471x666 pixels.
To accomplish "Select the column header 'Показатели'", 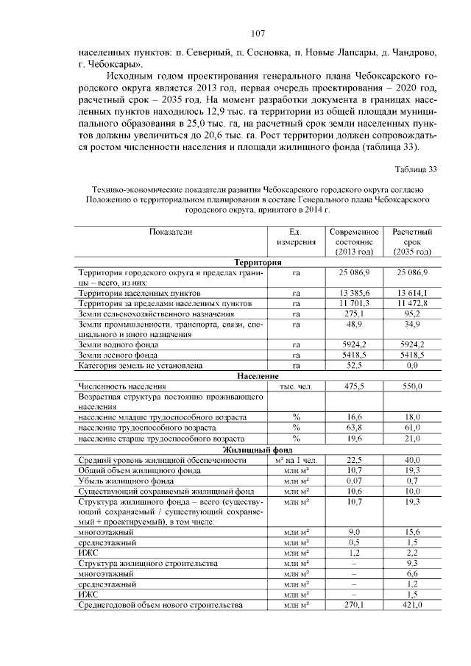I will point(170,232).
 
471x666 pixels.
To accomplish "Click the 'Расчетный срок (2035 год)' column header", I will point(411,241).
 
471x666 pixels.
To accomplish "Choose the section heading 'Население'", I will point(256,376).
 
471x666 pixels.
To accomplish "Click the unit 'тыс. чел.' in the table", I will point(297,386).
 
